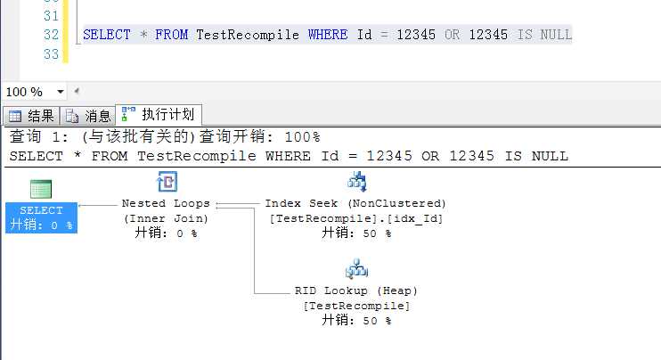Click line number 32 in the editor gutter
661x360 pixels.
[x=51, y=35]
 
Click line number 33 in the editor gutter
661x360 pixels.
[x=51, y=54]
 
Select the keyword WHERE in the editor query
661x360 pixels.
[x=328, y=35]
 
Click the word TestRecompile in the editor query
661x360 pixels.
[x=248, y=35]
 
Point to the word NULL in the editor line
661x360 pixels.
[x=556, y=35]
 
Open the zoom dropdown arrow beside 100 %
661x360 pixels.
[x=61, y=92]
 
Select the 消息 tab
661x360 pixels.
[x=88, y=116]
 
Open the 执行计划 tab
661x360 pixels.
[x=159, y=114]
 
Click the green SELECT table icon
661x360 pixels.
[x=41, y=189]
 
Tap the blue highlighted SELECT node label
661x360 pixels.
[x=41, y=217]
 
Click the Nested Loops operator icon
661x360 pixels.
[x=167, y=182]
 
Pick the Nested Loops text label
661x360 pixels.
[x=166, y=203]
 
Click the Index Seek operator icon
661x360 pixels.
[x=356, y=182]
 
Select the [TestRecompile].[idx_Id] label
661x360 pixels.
[x=355, y=219]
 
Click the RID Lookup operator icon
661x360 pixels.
[x=356, y=269]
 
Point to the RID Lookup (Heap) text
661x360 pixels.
[x=355, y=290]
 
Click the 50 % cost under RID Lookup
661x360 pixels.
[x=377, y=321]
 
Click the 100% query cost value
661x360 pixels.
[x=302, y=137]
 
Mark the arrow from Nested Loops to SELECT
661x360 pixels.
[x=97, y=205]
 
